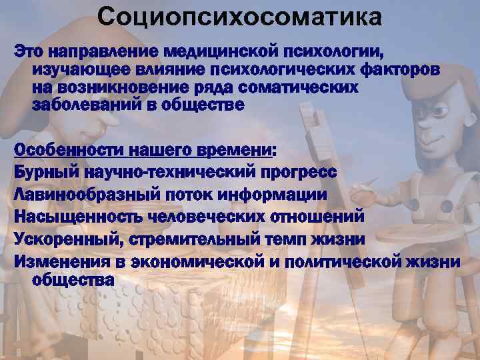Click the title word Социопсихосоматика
240,17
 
